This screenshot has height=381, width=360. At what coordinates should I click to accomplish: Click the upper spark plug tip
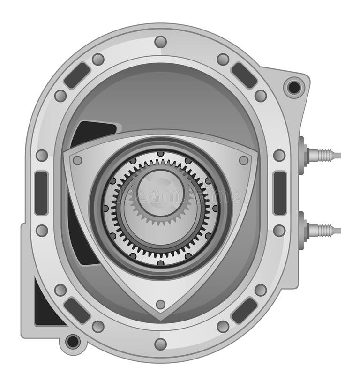[x=336, y=155]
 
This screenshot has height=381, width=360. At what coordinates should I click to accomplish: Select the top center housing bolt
[x=160, y=42]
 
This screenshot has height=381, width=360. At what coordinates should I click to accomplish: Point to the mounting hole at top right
[x=294, y=87]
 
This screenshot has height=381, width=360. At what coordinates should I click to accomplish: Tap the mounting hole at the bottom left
[x=73, y=342]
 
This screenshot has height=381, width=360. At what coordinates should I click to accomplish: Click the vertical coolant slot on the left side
[x=41, y=193]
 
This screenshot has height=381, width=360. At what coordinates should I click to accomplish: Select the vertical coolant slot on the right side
[x=280, y=193]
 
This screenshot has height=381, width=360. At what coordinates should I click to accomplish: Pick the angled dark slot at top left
[x=77, y=75]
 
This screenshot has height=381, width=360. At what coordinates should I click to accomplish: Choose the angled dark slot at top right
[x=244, y=75]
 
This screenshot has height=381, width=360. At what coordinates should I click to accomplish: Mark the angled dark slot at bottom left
[x=77, y=310]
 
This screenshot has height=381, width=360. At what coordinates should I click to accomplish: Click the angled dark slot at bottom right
[x=244, y=310]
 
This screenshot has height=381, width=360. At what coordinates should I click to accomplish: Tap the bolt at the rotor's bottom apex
[x=160, y=304]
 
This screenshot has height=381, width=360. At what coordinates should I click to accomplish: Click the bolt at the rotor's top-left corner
[x=77, y=160]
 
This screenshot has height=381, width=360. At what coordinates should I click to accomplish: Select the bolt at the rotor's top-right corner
[x=244, y=160]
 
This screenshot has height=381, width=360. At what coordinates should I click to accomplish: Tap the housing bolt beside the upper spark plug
[x=279, y=155]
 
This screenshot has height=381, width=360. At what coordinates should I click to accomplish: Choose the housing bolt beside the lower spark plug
[x=279, y=230]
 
